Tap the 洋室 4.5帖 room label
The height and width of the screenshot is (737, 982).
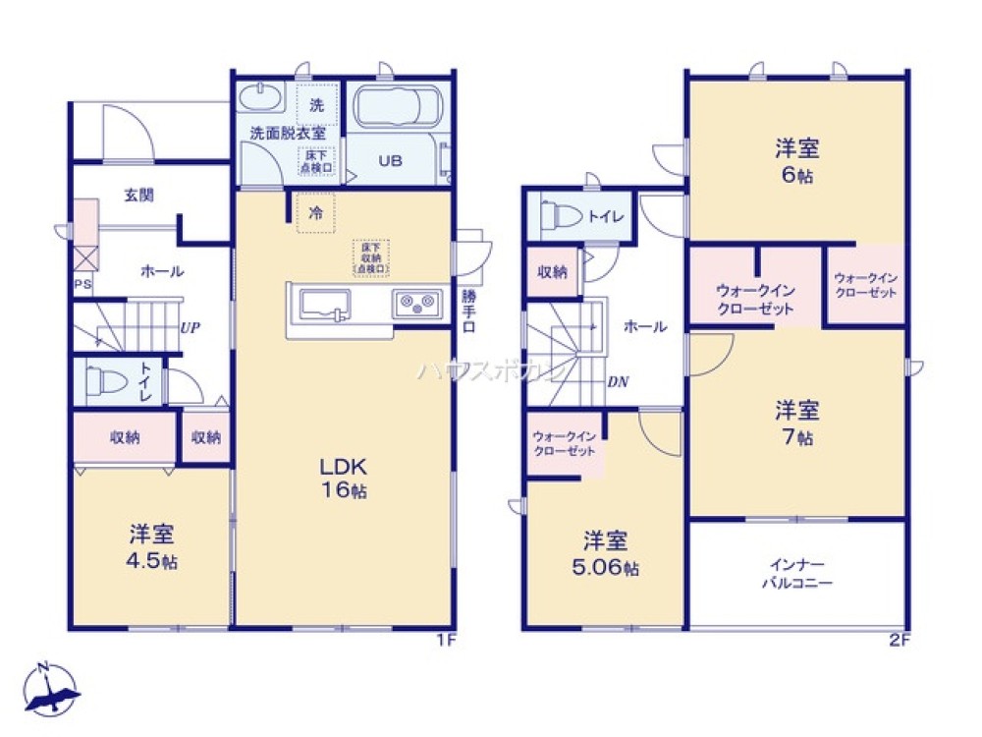pos(152,547)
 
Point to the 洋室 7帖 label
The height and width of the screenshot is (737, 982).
pos(796,423)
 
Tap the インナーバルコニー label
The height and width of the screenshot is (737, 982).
pos(796,574)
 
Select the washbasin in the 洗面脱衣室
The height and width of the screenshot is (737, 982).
pos(260,99)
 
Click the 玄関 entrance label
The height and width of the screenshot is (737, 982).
pos(138,196)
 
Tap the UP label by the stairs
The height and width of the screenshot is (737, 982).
pos(190,328)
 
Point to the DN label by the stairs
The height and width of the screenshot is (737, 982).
pos(618,382)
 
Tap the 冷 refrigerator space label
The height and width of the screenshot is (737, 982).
pos(315,211)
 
